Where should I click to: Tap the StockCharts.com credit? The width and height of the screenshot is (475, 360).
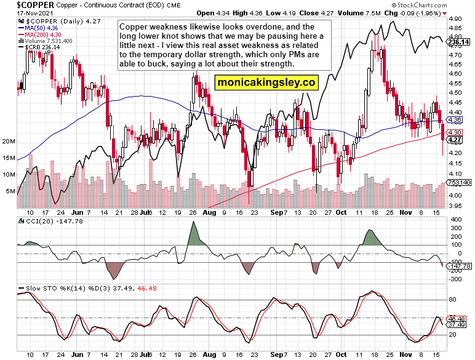pos(443,4)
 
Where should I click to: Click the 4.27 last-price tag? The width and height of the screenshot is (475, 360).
pos(455,140)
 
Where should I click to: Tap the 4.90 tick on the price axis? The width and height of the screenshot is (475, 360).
pos(455,19)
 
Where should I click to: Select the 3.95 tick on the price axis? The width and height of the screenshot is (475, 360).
pos(455,206)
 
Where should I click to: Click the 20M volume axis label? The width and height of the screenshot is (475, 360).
pos(8,142)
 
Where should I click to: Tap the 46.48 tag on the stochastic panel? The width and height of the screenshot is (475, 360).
pos(457,319)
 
